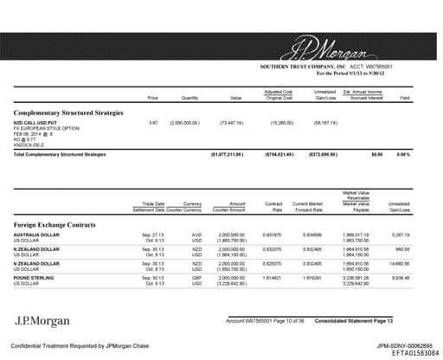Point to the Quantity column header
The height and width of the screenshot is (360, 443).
pyautogui.click(x=189, y=98)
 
